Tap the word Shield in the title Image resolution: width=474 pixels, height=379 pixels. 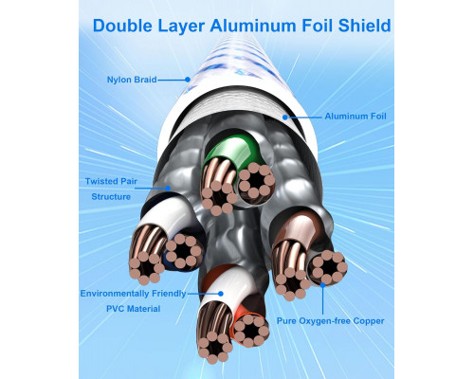364,26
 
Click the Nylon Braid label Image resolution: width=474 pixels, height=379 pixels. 132,80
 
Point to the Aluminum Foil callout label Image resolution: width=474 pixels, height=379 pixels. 355,117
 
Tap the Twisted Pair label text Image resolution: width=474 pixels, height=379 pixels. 111,181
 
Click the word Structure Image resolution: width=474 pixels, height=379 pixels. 111,197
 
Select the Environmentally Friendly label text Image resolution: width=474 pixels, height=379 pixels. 133,294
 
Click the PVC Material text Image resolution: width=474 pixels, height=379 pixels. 133,309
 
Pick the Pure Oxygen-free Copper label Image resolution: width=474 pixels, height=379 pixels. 331,321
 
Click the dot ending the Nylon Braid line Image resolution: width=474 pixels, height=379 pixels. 188,80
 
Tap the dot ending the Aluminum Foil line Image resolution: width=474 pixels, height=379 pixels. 285,117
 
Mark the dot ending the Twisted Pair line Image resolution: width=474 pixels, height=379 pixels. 168,189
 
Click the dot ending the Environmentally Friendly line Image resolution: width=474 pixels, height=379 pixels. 221,294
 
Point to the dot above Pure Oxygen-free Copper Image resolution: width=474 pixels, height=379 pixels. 322,285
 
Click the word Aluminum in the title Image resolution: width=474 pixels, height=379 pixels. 253,26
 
